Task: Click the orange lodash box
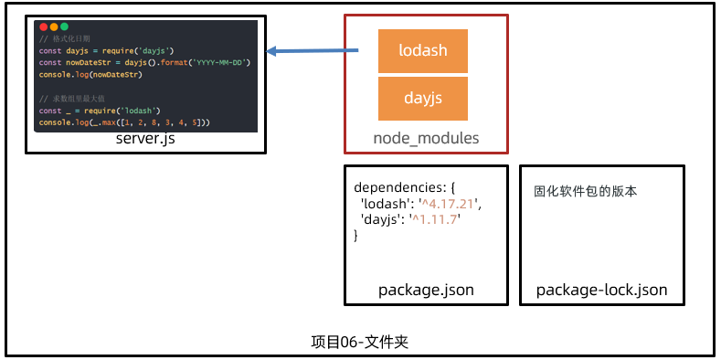(x=423, y=51)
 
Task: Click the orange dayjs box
(x=423, y=98)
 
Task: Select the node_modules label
(x=426, y=139)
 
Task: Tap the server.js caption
(x=145, y=140)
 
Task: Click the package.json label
(x=426, y=291)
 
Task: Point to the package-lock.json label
(x=601, y=291)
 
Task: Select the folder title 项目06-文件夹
(x=359, y=342)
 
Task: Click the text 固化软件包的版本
(x=585, y=192)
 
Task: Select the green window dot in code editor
(x=64, y=27)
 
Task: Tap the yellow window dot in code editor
(x=54, y=27)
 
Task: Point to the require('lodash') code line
(x=101, y=110)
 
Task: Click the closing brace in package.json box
(x=356, y=236)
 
